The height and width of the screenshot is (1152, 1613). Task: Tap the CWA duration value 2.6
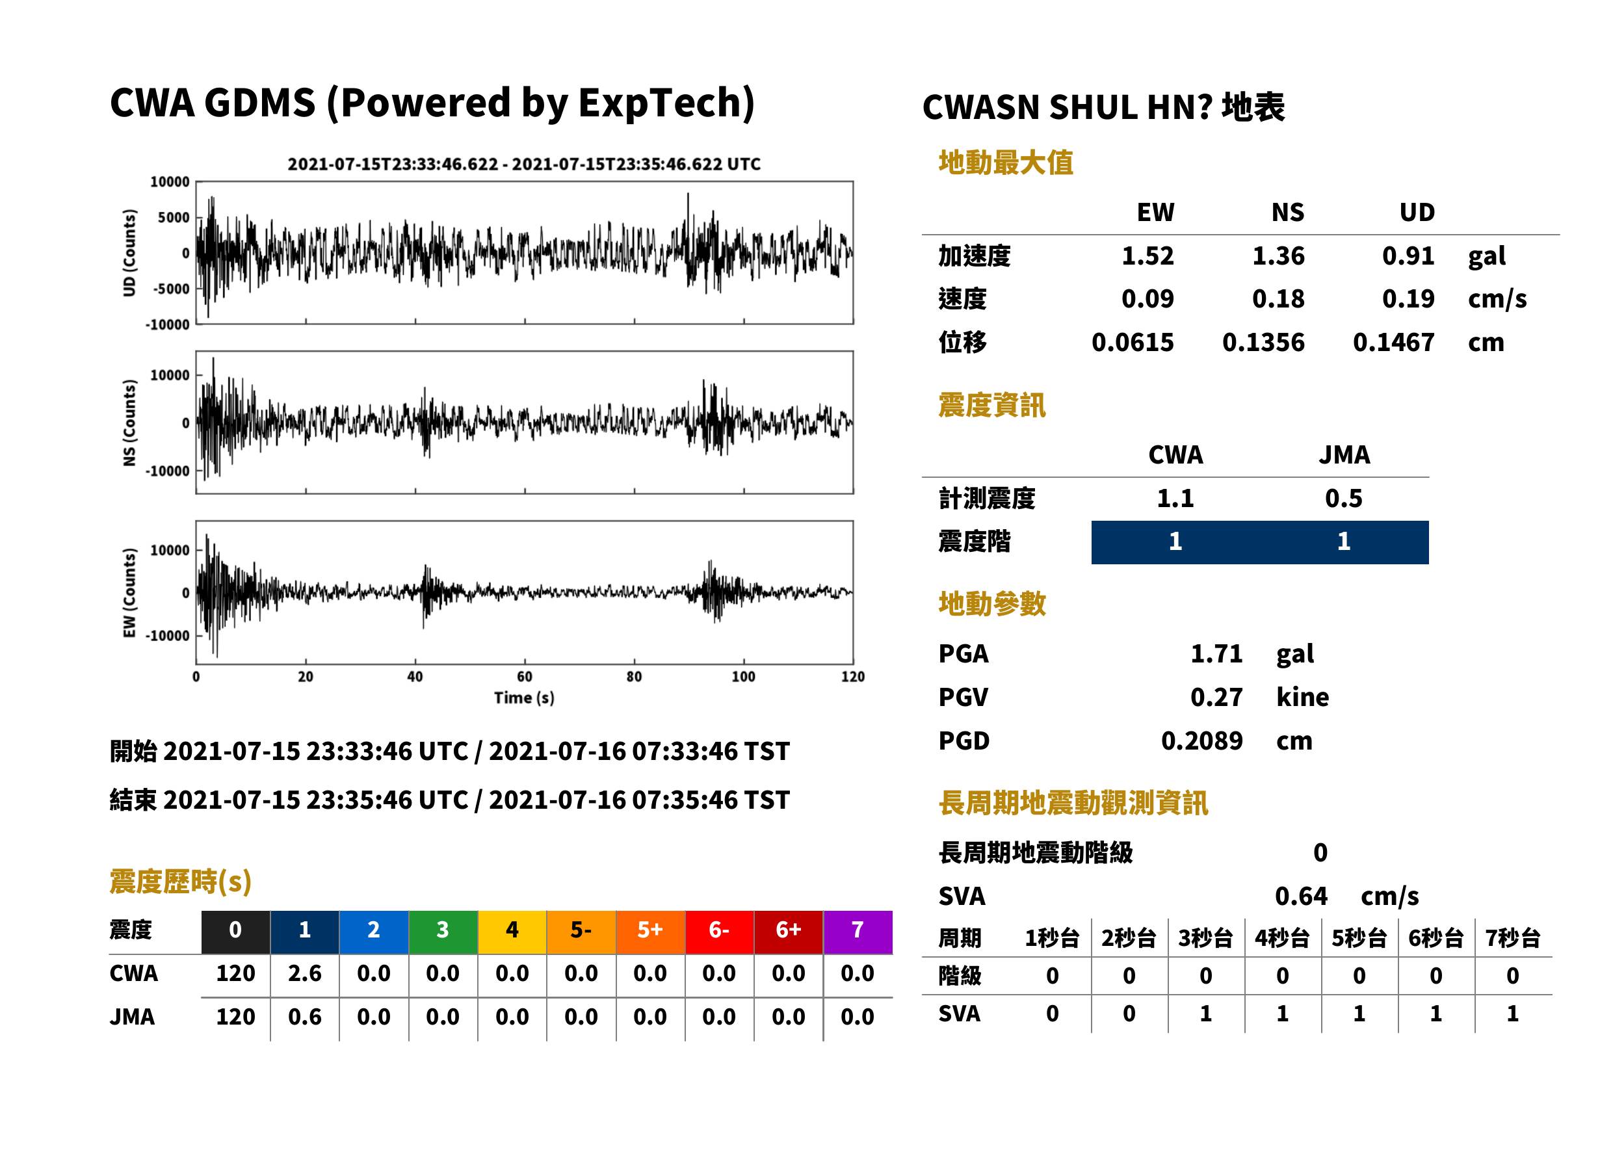(304, 973)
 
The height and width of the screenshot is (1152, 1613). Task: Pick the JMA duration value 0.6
(304, 1017)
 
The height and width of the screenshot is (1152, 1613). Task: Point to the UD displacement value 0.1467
(1393, 343)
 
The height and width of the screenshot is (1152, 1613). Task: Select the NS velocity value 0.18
(1278, 299)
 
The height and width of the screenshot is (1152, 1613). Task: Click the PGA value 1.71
(1216, 654)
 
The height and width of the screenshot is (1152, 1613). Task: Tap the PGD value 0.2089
(1201, 741)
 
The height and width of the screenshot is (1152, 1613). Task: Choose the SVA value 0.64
(1301, 897)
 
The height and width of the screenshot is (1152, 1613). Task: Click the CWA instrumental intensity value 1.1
(1175, 499)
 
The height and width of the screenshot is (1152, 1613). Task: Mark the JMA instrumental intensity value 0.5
(1343, 499)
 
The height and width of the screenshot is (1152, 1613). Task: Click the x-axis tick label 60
(524, 677)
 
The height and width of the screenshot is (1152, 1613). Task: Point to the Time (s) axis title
(524, 698)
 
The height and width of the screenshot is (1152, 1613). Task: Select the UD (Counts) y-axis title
(129, 254)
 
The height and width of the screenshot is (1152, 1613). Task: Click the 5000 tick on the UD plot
(173, 218)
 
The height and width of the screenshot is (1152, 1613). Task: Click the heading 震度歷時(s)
(180, 882)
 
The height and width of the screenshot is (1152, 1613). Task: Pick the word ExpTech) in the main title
(666, 103)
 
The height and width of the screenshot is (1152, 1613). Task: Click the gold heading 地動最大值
(1006, 163)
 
